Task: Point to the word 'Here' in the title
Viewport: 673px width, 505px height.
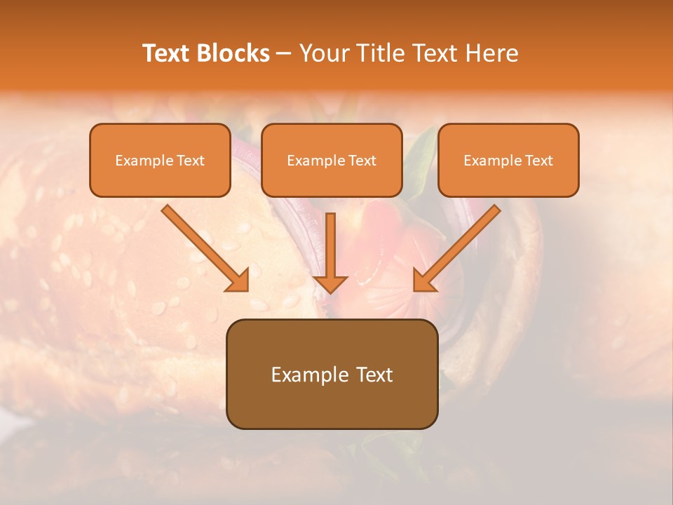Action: [x=492, y=53]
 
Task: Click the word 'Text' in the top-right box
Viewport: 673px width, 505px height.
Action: [x=539, y=161]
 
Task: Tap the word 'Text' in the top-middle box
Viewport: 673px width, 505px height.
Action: [x=362, y=161]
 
